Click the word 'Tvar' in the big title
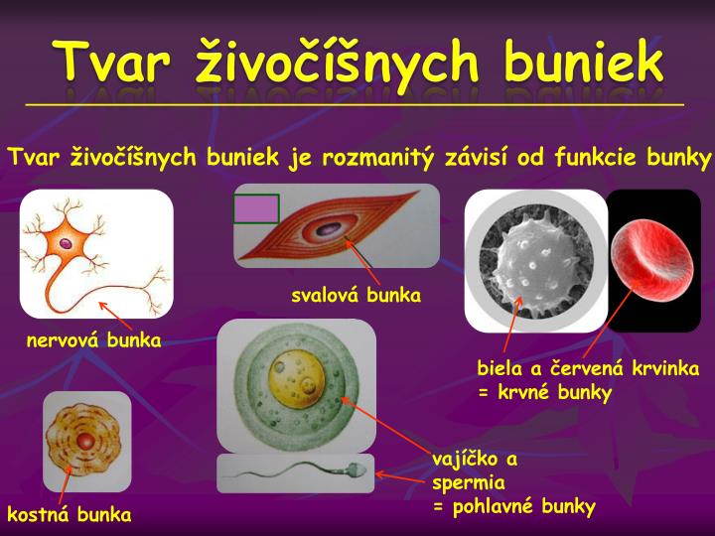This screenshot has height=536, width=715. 108,62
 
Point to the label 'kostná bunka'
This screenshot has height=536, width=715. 70,514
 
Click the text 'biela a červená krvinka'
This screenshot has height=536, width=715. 588,368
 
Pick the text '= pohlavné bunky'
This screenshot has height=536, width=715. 513,507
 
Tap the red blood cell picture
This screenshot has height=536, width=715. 652,260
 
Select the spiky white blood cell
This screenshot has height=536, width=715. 535,260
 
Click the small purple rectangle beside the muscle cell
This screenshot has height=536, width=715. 256,208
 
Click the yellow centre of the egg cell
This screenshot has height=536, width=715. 294,383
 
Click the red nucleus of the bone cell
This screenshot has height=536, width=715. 86,440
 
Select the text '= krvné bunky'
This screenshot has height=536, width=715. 544,392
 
